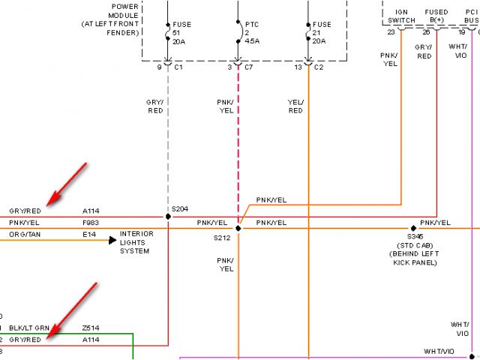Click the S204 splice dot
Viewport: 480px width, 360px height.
[168, 217]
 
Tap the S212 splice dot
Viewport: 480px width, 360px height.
[238, 227]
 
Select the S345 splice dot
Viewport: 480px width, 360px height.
[412, 227]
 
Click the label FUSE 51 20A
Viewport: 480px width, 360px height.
[181, 34]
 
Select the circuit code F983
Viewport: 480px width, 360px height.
[91, 223]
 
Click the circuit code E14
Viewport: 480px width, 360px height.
[88, 235]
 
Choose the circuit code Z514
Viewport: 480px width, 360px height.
[91, 328]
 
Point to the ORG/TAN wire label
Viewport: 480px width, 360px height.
[25, 235]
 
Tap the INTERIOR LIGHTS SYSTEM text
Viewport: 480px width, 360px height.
[136, 242]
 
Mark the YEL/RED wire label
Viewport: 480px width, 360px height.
[295, 107]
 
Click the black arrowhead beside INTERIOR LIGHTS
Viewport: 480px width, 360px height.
[113, 240]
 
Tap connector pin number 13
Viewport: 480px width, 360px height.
[299, 67]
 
